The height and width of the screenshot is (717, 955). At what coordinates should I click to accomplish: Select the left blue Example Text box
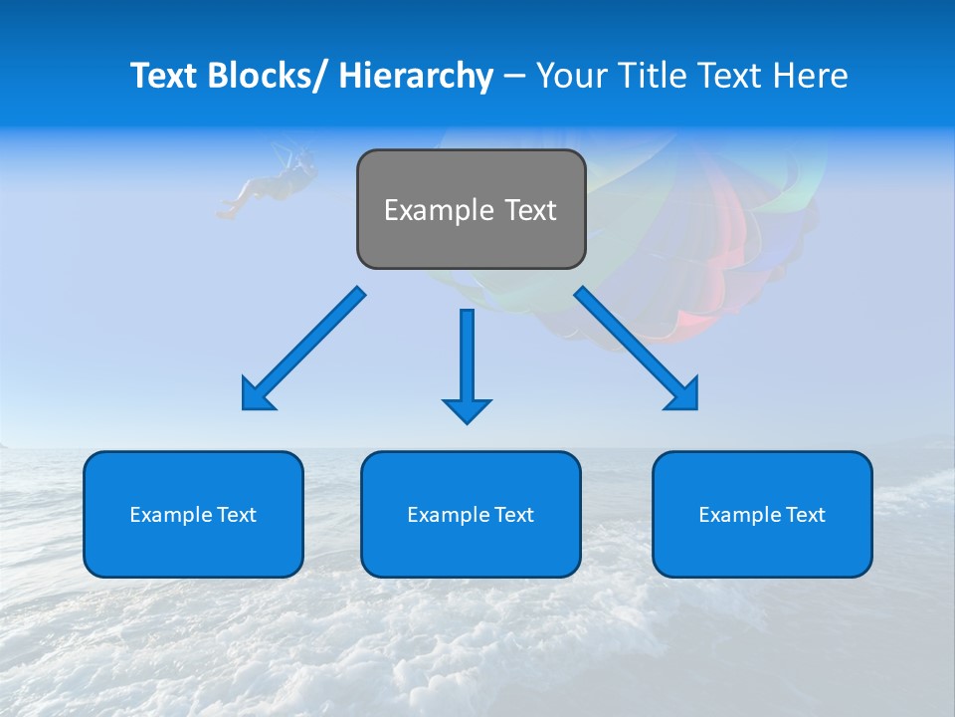tap(193, 514)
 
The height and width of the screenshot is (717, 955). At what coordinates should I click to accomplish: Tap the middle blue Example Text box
tap(471, 514)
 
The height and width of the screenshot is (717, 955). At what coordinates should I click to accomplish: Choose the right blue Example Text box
tap(762, 514)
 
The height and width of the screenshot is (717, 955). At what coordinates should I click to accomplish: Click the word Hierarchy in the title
tap(416, 76)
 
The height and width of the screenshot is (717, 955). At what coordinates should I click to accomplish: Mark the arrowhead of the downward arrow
tap(467, 409)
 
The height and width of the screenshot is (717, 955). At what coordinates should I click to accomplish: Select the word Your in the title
tap(570, 76)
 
